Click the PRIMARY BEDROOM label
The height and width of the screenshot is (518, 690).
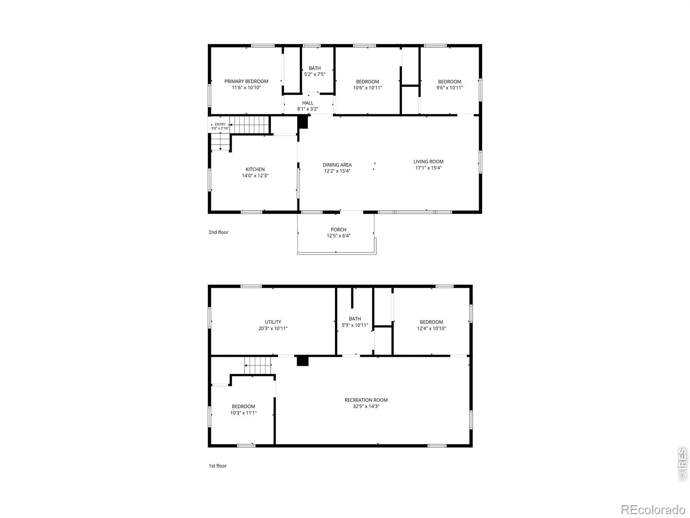[246, 81]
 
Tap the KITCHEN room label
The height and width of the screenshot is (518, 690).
[255, 169]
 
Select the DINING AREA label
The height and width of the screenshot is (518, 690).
[337, 165]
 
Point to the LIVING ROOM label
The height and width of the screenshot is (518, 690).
[429, 161]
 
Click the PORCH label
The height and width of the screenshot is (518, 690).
[339, 230]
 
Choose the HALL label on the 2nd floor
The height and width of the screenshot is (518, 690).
[308, 103]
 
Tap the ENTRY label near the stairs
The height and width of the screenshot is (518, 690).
[220, 124]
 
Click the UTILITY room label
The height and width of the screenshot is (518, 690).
[273, 322]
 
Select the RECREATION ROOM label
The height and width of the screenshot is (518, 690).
[366, 400]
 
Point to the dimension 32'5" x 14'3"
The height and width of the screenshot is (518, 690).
[366, 406]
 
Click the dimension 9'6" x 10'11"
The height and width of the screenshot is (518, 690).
[449, 88]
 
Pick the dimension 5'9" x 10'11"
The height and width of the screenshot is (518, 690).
[355, 325]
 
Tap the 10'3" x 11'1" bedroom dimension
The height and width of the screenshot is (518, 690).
[243, 413]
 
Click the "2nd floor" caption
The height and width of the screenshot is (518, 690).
[219, 232]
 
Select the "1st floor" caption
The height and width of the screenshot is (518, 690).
[217, 466]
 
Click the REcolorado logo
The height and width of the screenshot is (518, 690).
[653, 509]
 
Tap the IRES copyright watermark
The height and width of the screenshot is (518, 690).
[682, 464]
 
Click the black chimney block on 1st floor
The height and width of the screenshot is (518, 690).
[303, 361]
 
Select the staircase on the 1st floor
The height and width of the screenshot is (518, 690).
[258, 366]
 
